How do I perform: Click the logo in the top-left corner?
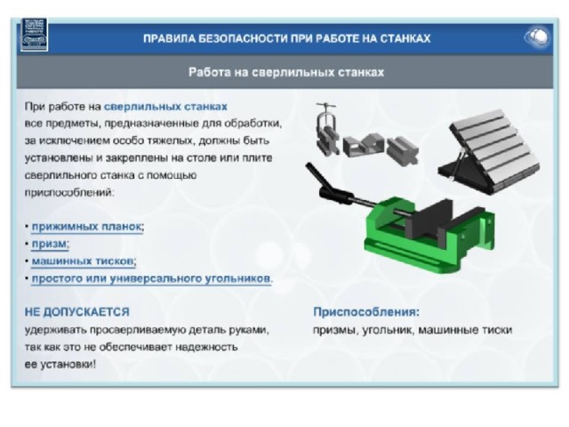[x=34, y=35]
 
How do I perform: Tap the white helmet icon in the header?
[x=537, y=37]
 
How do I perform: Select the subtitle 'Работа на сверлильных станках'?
[x=286, y=72]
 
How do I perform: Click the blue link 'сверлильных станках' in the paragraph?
[x=165, y=107]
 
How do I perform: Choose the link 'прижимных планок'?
[x=86, y=227]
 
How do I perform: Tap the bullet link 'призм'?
[x=50, y=244]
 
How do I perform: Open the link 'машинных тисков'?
[x=83, y=261]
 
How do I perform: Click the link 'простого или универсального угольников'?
[x=151, y=278]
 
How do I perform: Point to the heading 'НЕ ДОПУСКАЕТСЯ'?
[x=77, y=312]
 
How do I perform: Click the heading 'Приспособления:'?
[x=366, y=312]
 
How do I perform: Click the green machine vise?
[x=429, y=235]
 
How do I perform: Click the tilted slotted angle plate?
[x=489, y=151]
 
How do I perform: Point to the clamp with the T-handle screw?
[x=326, y=129]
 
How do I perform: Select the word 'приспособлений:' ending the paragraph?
[x=69, y=192]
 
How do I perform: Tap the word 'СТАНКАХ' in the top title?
[x=405, y=38]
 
